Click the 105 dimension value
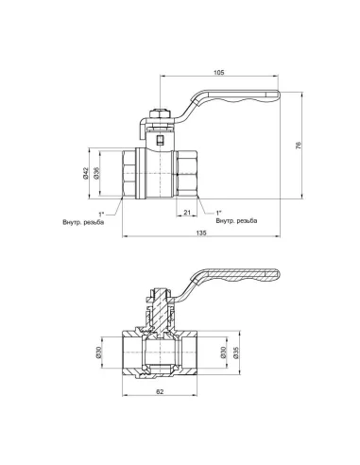(x=219, y=73)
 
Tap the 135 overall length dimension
(x=201, y=232)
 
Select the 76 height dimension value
(x=299, y=146)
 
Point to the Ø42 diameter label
(x=86, y=173)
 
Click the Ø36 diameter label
(x=96, y=173)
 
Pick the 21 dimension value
(x=187, y=213)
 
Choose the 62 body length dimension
(x=160, y=391)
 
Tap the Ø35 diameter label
(x=236, y=353)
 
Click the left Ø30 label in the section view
(x=98, y=353)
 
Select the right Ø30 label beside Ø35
(x=223, y=353)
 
